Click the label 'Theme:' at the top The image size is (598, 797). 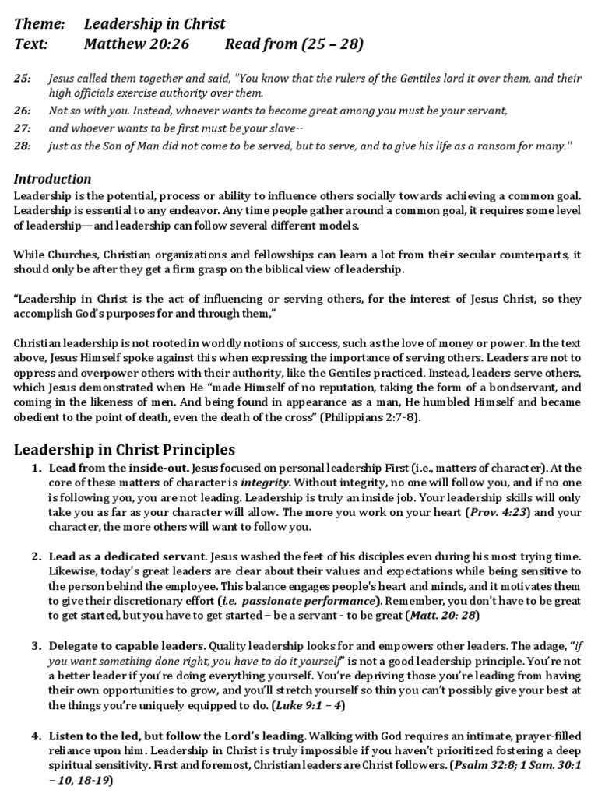(x=38, y=24)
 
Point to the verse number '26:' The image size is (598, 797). (x=23, y=111)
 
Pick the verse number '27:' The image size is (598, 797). (x=23, y=128)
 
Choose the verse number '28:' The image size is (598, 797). (x=23, y=145)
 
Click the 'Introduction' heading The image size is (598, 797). (x=53, y=179)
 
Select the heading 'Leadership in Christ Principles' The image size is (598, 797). (x=125, y=450)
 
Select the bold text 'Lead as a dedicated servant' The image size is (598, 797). (x=128, y=557)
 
